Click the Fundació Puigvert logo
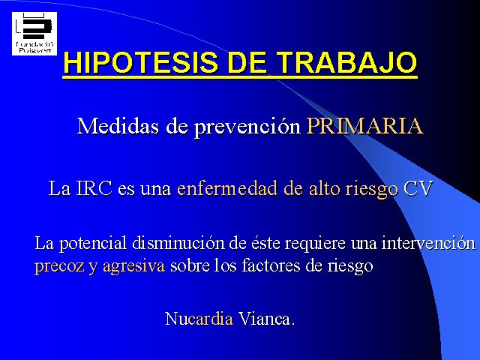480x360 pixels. (34, 34)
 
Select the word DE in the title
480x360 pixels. (247, 63)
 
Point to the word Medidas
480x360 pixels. (118, 126)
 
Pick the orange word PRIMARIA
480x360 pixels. (365, 126)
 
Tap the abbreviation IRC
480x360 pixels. (94, 188)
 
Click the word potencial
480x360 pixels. (93, 244)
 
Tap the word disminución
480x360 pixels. (178, 243)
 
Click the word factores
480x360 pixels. (271, 265)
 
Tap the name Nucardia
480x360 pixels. (199, 319)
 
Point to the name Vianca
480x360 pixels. (267, 319)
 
